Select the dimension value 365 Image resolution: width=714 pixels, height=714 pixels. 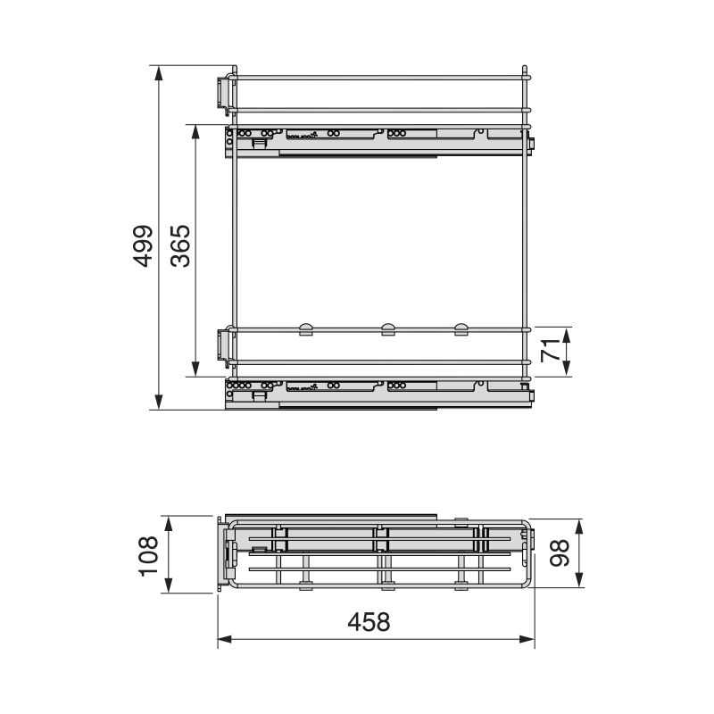click(x=180, y=245)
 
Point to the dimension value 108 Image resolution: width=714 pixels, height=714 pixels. click(x=149, y=554)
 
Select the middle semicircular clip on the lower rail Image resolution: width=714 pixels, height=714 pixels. click(x=388, y=329)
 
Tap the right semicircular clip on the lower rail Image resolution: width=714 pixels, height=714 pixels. click(x=461, y=329)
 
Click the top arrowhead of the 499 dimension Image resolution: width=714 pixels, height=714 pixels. click(x=159, y=71)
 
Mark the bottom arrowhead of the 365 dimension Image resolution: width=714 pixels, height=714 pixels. click(x=195, y=369)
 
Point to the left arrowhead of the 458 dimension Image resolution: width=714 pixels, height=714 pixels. click(x=223, y=639)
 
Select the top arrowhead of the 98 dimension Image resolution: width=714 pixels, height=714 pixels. click(x=580, y=527)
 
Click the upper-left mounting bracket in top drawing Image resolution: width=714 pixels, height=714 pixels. click(x=220, y=91)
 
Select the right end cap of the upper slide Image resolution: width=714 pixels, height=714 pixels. click(x=531, y=143)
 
